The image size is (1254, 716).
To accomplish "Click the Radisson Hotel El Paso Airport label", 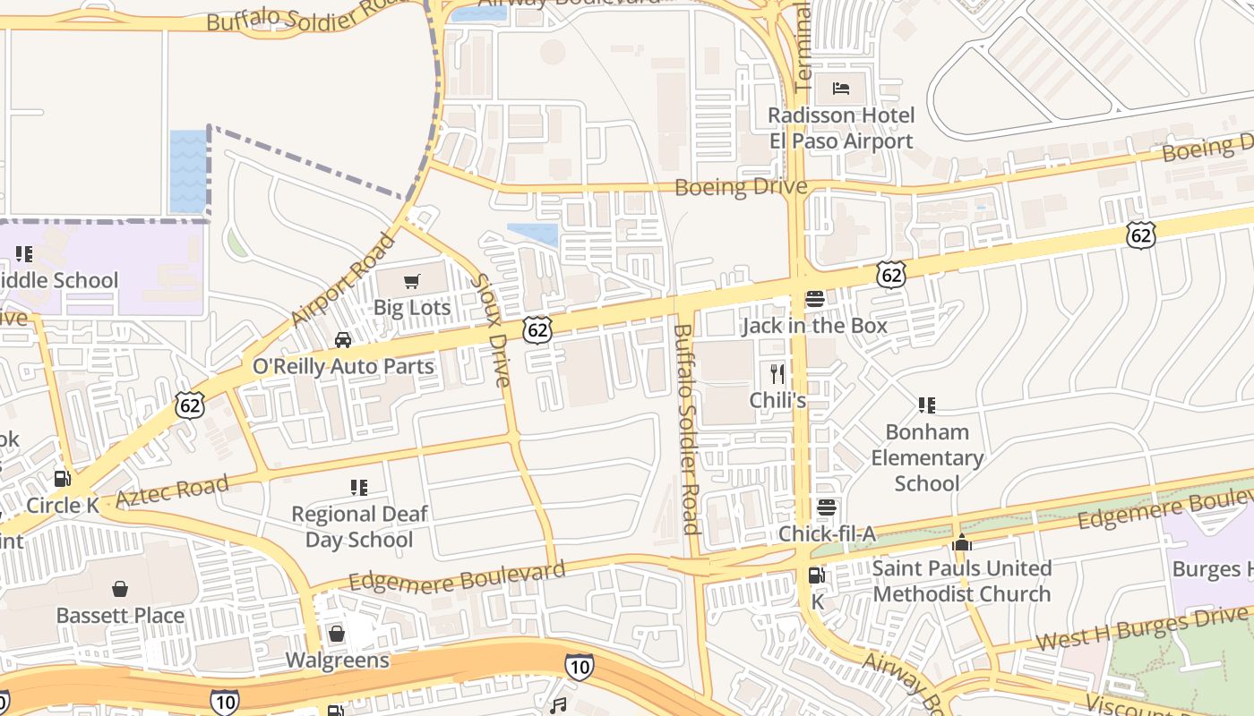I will [x=841, y=128].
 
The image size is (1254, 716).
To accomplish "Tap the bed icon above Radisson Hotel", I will [x=841, y=88].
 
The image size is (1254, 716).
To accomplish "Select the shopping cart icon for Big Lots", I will [x=411, y=282].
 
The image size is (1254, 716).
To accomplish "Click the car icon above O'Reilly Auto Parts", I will [x=343, y=340].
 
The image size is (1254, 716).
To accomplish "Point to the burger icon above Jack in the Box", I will [x=814, y=299].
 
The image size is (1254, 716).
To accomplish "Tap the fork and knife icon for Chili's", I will [x=777, y=373].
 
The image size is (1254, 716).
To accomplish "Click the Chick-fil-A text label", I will [x=826, y=534].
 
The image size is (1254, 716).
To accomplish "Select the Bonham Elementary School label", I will [x=927, y=457].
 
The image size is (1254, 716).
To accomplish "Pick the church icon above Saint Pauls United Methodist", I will [x=962, y=542].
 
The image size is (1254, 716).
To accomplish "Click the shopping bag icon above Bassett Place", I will [x=120, y=589].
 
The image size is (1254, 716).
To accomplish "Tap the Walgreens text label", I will [x=337, y=661].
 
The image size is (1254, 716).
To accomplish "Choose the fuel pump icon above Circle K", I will [x=62, y=479].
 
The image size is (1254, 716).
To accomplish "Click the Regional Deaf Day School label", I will [x=359, y=526].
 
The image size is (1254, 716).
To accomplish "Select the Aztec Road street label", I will [x=172, y=492].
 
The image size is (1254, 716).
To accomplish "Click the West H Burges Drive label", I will [x=1141, y=628].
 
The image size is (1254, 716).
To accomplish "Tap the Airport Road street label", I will [x=343, y=279].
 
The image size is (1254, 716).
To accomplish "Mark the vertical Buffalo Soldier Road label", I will [x=685, y=428].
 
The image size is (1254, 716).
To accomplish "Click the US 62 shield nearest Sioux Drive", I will [x=537, y=329].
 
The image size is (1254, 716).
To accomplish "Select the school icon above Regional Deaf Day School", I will [x=358, y=488].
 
